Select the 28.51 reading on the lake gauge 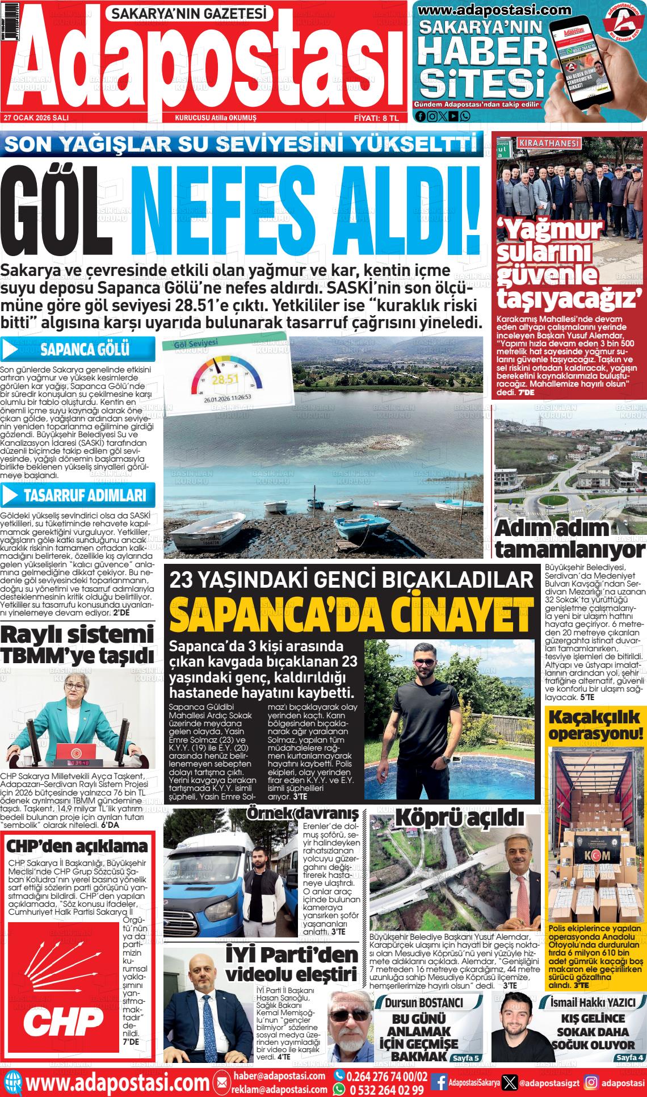(x=221, y=379)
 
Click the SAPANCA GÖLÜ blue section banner (x=78, y=349)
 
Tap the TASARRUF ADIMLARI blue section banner (x=78, y=496)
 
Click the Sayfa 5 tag (x=465, y=1058)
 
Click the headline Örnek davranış (x=303, y=813)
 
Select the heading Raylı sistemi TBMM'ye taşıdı (x=77, y=644)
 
